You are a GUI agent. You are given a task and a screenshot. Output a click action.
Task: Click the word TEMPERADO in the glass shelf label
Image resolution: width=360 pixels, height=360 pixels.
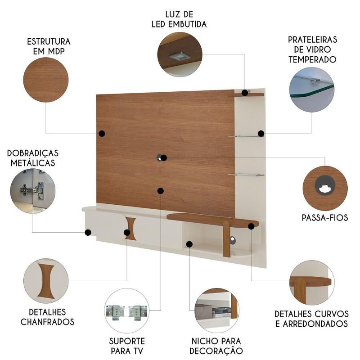coord(312,59)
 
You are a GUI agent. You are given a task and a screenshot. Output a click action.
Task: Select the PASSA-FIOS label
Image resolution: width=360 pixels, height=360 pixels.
coord(325,218)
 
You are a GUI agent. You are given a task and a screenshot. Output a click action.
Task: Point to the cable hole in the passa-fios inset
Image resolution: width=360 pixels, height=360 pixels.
coord(325,185)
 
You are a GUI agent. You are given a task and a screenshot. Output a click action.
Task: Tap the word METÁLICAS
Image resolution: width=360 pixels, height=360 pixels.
coord(33,163)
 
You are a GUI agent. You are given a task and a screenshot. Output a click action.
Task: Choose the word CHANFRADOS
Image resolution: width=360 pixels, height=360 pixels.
coord(48,322)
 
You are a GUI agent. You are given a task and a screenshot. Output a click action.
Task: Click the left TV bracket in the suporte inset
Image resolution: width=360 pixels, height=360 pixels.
coord(115,311)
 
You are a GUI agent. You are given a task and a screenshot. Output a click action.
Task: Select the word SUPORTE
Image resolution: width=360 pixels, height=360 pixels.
coord(127,341)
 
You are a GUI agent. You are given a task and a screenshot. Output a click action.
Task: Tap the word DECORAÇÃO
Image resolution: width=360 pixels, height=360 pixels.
coord(216,351)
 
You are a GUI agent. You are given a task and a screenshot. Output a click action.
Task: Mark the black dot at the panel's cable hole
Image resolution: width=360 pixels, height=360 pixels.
coord(164,158)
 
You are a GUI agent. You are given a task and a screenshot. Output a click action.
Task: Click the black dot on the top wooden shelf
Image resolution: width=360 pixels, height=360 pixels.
coord(245,93)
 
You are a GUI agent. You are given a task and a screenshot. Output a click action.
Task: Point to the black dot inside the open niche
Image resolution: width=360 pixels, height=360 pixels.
coord(189,244)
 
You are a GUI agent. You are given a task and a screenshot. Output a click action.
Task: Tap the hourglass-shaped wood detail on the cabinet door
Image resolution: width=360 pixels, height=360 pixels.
coord(131,229)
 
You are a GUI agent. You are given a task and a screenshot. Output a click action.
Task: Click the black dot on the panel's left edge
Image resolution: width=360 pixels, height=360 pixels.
coord(102,133)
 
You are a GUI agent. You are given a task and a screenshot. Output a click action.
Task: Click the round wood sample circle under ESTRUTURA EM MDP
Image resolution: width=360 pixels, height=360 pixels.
coord(46,80)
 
